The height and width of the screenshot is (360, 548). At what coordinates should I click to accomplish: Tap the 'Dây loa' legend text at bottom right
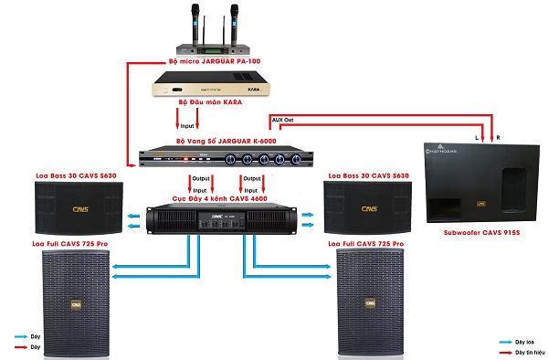tap(524, 340)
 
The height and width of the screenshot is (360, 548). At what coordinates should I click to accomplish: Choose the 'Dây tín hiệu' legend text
tap(528, 351)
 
